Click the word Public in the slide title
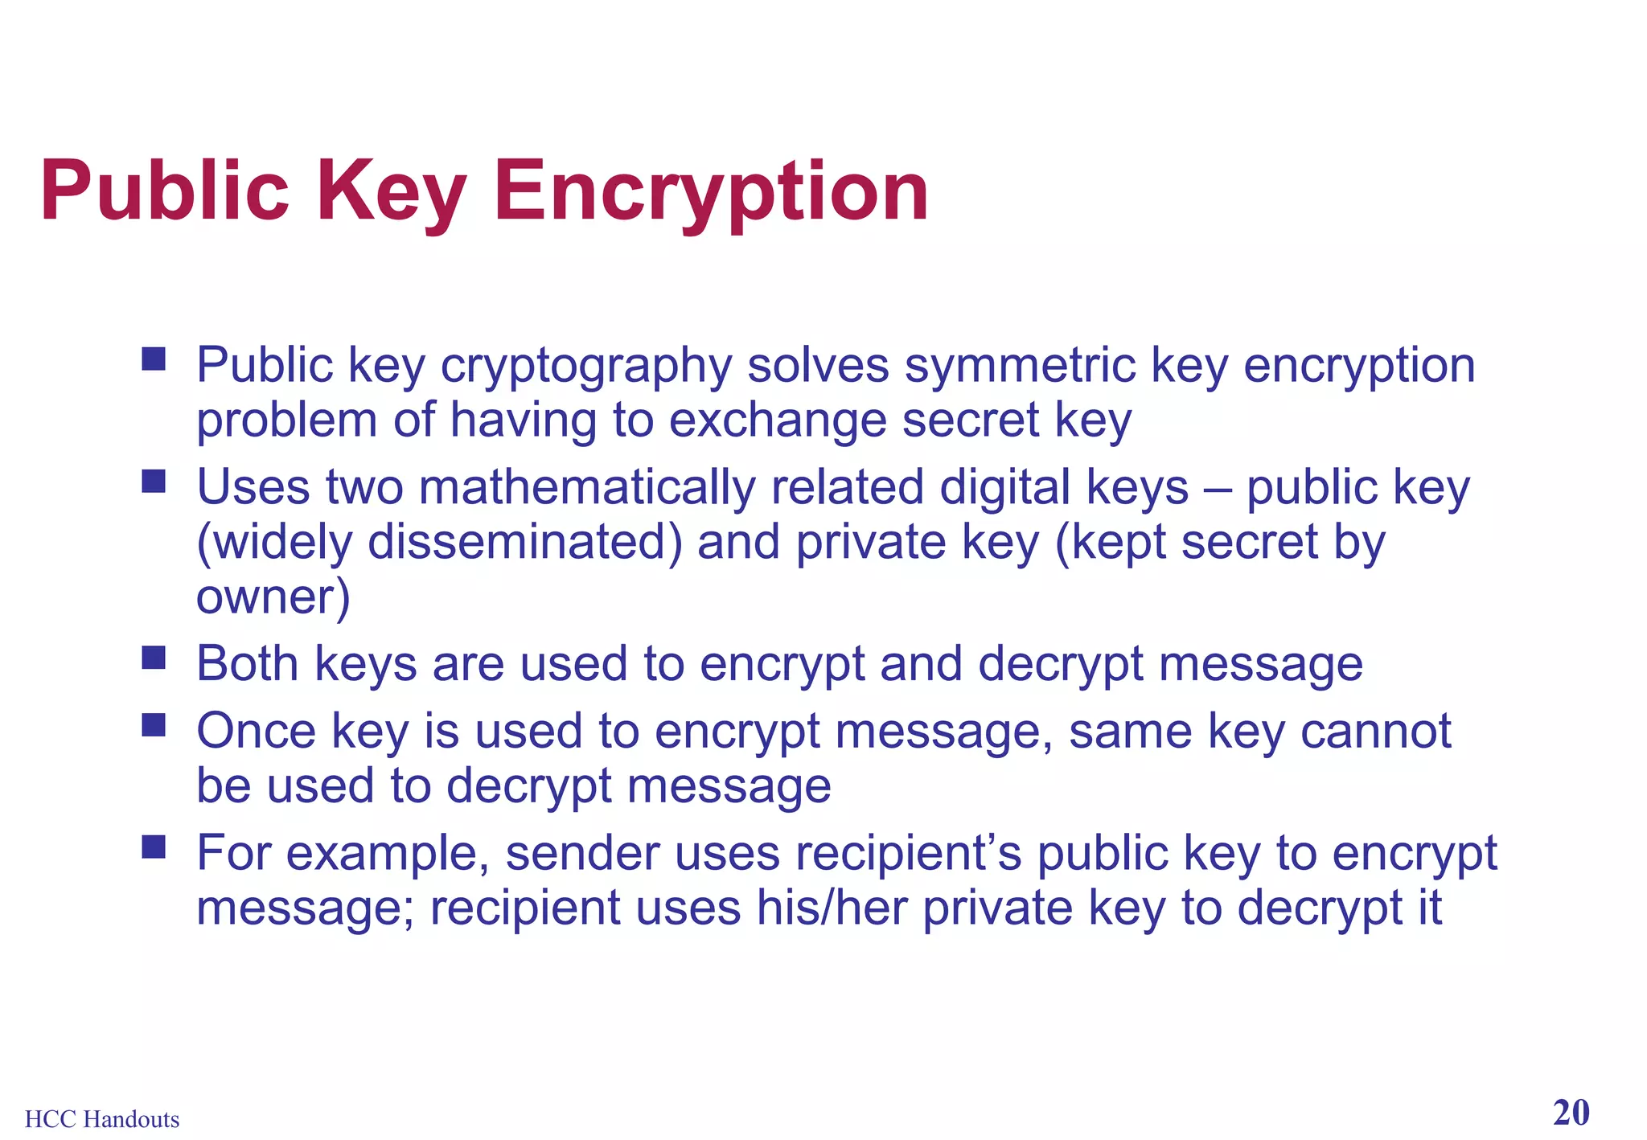(164, 191)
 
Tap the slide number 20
(1571, 1113)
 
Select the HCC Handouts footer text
(102, 1119)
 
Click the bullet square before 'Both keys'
(154, 658)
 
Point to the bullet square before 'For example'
(154, 847)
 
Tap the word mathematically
(587, 488)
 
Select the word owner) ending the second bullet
(273, 597)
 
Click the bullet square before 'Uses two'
(154, 482)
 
